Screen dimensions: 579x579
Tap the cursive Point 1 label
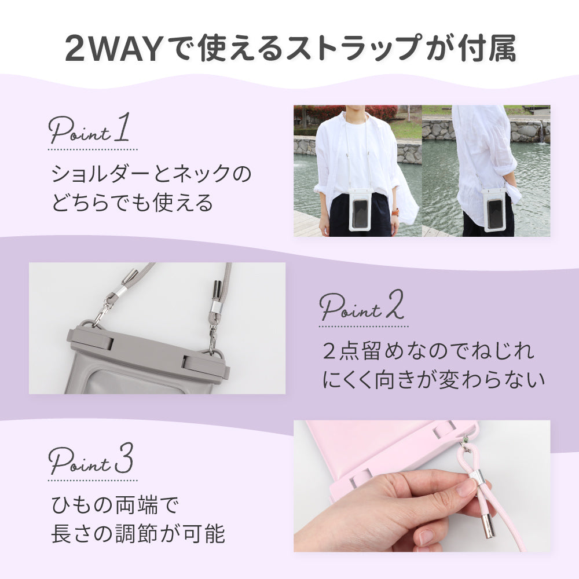click(89, 129)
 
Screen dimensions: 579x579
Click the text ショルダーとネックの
click(151, 174)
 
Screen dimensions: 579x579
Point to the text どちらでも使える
click(132, 203)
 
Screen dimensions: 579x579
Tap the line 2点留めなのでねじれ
click(428, 350)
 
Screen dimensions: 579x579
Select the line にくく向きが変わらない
click(434, 380)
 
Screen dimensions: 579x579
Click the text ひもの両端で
click(115, 505)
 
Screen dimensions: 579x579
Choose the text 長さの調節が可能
click(138, 534)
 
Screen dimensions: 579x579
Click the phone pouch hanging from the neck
click(358, 210)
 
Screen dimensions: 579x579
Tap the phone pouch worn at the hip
click(494, 210)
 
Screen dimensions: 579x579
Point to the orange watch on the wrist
click(395, 212)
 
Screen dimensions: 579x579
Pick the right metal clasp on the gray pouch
click(213, 337)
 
